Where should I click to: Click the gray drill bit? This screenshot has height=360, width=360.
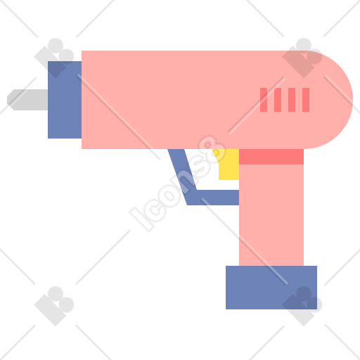click(27, 100)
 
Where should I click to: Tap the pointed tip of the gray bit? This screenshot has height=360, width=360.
click(8, 100)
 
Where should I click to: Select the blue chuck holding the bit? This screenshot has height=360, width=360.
click(65, 100)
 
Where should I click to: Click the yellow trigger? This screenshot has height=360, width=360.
click(228, 164)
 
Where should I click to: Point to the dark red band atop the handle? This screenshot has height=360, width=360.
click(271, 157)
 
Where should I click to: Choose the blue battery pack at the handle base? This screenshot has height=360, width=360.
click(271, 288)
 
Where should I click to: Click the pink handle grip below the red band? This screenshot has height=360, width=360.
click(271, 215)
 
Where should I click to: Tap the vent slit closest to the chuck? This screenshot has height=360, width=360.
click(264, 100)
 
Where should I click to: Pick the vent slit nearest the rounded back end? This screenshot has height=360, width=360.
click(306, 100)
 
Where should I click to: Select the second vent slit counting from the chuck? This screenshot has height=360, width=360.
click(278, 100)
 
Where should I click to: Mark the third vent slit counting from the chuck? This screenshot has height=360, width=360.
click(292, 100)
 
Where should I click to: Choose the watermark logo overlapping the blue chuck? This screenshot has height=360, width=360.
click(54, 58)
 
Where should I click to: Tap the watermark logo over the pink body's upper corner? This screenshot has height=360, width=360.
click(302, 58)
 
